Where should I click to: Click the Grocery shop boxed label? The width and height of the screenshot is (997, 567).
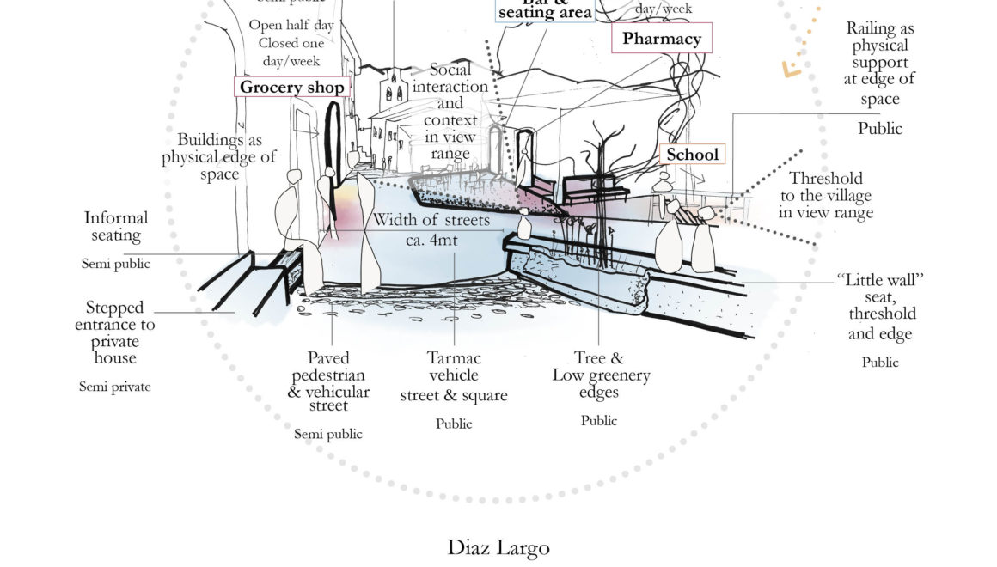[x=291, y=87]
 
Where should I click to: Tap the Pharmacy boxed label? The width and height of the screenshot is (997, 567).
[x=662, y=39]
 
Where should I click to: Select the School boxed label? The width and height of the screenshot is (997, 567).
[x=693, y=155]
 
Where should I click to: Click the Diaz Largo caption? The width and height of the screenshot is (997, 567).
[x=498, y=547]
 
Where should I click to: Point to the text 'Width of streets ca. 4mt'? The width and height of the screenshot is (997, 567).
[x=431, y=229]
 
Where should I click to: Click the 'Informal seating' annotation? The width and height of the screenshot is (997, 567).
[x=116, y=227]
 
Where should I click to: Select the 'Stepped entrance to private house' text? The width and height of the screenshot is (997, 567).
[x=115, y=332]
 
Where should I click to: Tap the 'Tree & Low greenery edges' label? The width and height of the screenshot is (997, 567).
[x=601, y=375]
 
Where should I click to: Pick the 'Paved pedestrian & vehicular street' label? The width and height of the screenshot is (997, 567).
[x=328, y=381]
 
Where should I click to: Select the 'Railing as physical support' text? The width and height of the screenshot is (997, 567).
[x=881, y=63]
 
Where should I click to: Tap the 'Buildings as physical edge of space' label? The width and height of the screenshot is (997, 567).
[x=219, y=156]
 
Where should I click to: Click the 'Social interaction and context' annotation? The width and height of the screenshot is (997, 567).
[x=456, y=111]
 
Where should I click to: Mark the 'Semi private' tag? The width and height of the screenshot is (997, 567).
[x=115, y=387]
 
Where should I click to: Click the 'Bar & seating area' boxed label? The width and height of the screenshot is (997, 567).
[x=545, y=10]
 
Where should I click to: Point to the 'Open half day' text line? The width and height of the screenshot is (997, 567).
[x=291, y=25]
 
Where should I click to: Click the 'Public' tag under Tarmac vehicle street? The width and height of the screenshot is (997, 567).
[x=454, y=424]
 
